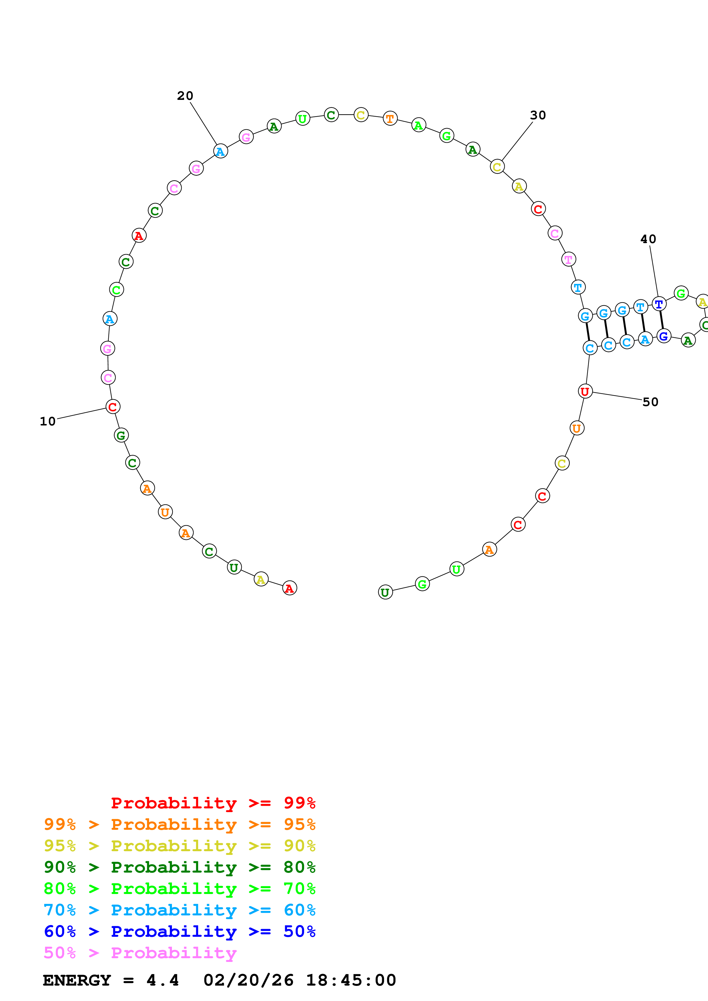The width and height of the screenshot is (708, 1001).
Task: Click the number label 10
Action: [x=47, y=421]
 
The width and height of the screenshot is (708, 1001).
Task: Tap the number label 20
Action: [x=185, y=96]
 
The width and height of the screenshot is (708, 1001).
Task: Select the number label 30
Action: [x=538, y=116]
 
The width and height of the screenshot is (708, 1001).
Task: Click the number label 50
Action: [x=650, y=402]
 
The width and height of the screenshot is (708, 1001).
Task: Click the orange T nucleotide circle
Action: [x=390, y=118]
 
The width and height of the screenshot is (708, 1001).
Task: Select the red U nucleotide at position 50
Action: [x=585, y=391]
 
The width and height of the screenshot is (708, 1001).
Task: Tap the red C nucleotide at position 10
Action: [x=113, y=407]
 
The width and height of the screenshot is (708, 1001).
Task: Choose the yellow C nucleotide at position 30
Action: [x=497, y=167]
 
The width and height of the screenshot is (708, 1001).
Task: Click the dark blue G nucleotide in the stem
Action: [x=663, y=336]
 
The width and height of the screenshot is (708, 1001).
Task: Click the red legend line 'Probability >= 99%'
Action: [x=213, y=803]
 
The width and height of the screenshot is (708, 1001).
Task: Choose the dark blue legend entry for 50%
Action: [x=179, y=931]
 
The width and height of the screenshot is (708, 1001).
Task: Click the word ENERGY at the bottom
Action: [x=77, y=980]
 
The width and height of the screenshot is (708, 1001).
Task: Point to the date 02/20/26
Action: [x=248, y=980]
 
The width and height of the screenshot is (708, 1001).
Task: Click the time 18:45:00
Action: [x=351, y=980]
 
